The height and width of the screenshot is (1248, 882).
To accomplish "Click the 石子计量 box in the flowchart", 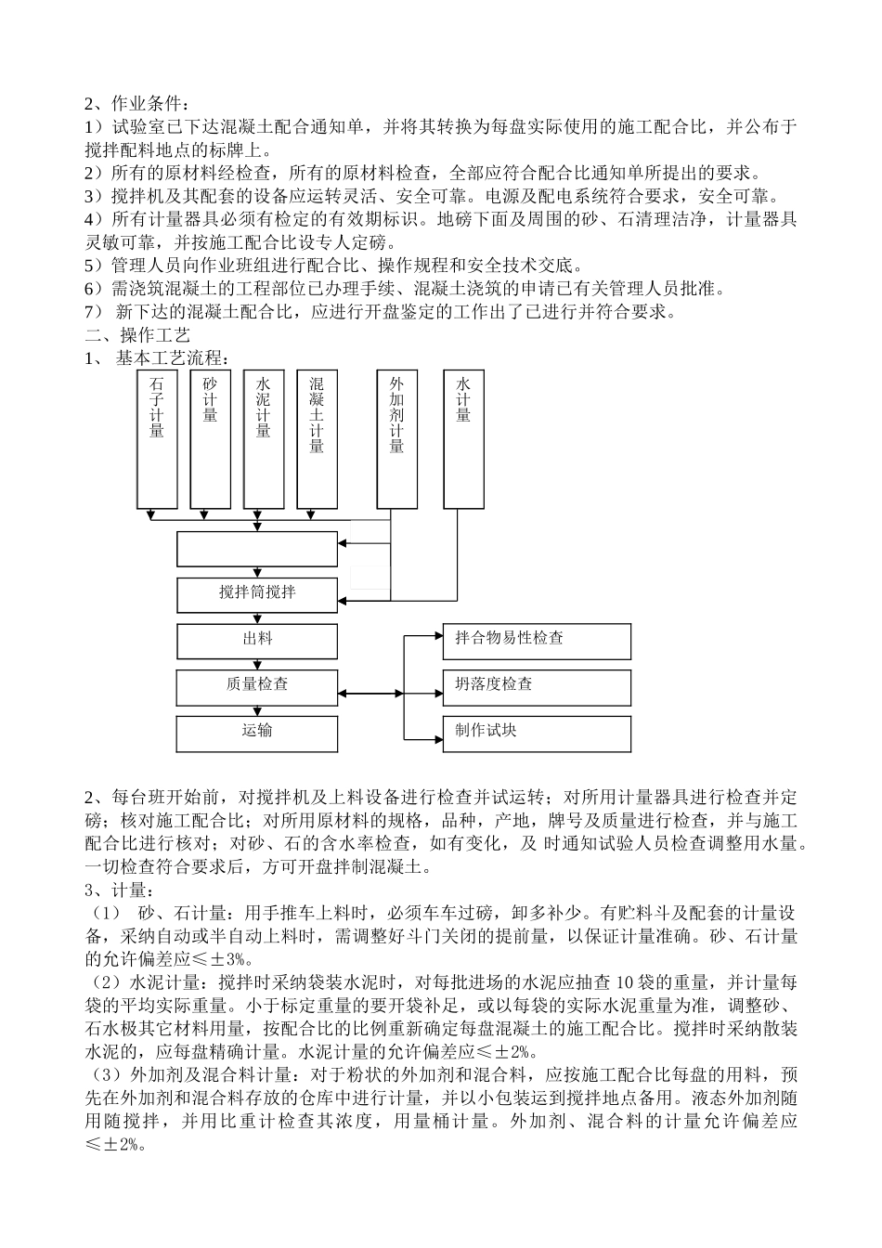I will (x=157, y=439).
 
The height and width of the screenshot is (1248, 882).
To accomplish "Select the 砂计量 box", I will (x=210, y=439).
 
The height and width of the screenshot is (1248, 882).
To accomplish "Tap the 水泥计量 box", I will (x=263, y=439).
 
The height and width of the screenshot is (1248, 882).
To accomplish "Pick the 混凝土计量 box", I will (x=317, y=439).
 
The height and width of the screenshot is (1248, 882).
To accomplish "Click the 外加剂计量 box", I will (x=396, y=439).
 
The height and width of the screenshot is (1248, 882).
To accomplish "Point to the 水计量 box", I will (x=463, y=439).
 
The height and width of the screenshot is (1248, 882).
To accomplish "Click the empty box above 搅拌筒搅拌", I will (x=257, y=549).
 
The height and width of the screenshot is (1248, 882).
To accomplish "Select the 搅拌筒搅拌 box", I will (x=257, y=593).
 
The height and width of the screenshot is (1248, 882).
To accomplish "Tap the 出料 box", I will (x=257, y=641).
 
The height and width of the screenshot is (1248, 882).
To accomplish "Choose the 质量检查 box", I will (x=257, y=686).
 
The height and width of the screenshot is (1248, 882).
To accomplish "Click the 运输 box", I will (x=257, y=733).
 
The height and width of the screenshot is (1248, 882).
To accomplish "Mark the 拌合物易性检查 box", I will (x=537, y=641).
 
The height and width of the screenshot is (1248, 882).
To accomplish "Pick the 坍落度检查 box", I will (x=537, y=686).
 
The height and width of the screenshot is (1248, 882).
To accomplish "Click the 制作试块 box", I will (x=537, y=733).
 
